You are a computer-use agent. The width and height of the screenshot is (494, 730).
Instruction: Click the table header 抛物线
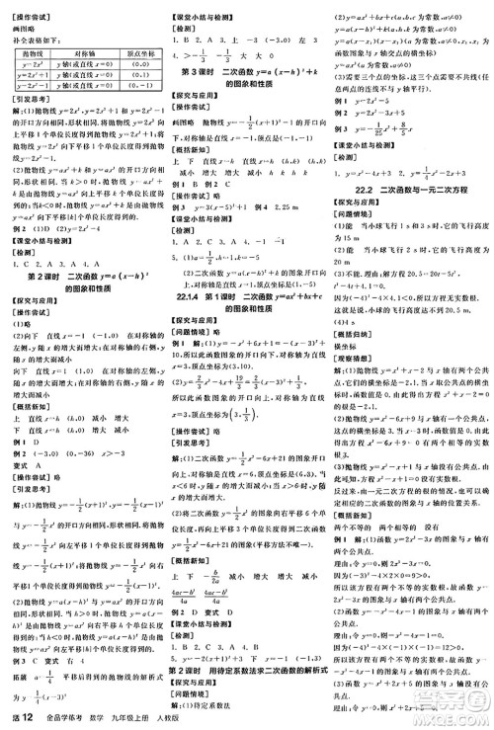30,52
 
